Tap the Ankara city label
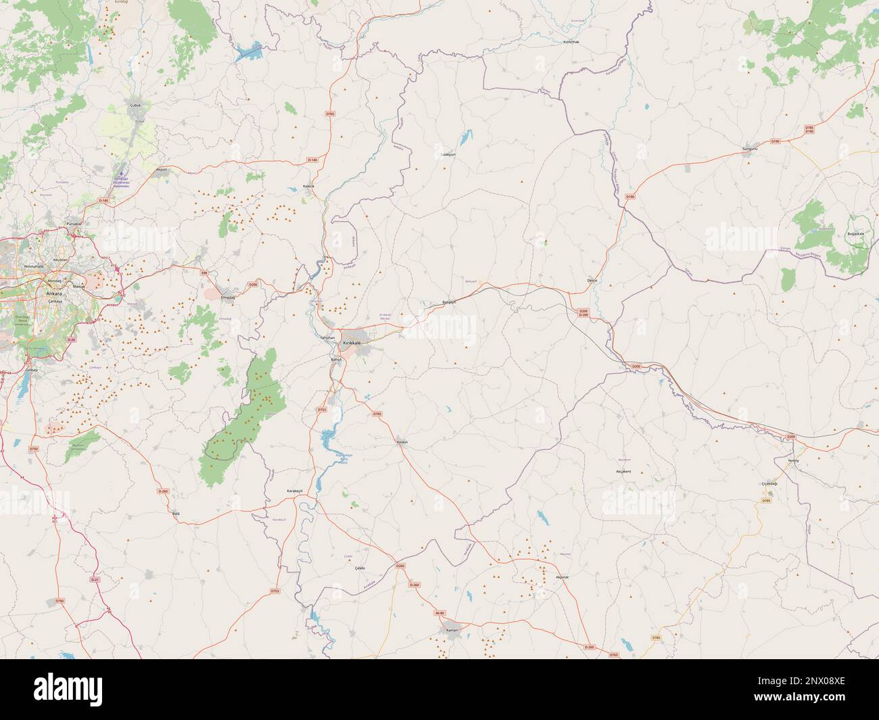click(52, 295)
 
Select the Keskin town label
click(402, 442)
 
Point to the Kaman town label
click(452, 629)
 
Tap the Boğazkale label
click(855, 234)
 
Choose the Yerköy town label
click(793, 460)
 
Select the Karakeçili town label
click(295, 491)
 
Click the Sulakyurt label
click(449, 154)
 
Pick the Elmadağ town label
click(228, 297)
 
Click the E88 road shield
click(204, 272)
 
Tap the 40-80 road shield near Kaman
click(440, 613)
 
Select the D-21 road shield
click(95, 579)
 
